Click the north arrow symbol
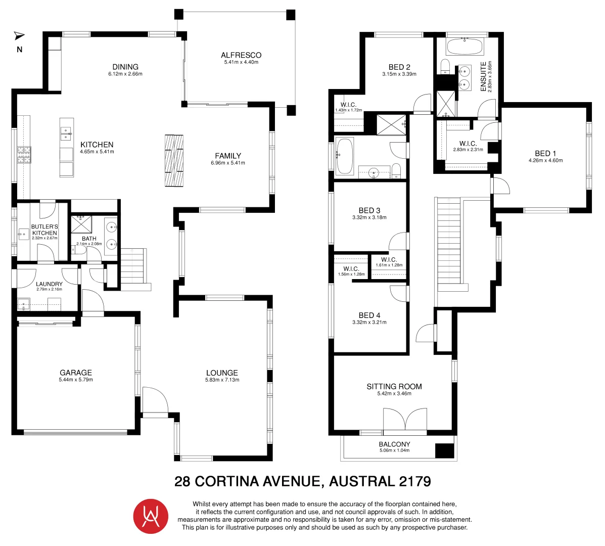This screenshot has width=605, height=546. [19, 35]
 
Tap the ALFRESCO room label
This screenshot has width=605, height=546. [241, 55]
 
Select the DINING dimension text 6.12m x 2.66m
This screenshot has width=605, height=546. [125, 74]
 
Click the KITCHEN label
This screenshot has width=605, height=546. [97, 145]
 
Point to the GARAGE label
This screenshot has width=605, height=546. [76, 373]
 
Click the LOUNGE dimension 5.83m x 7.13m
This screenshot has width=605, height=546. [222, 380]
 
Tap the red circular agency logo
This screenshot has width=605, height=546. [150, 516]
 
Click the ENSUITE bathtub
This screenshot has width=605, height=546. [464, 48]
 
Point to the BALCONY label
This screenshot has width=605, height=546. [394, 444]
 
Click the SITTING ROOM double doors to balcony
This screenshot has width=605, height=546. [405, 420]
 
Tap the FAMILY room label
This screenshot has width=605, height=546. [228, 156]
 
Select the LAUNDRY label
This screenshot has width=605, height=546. [49, 284]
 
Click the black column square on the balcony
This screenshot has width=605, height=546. [444, 450]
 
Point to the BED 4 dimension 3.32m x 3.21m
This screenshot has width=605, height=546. [369, 322]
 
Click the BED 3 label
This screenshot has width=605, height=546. [369, 210]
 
